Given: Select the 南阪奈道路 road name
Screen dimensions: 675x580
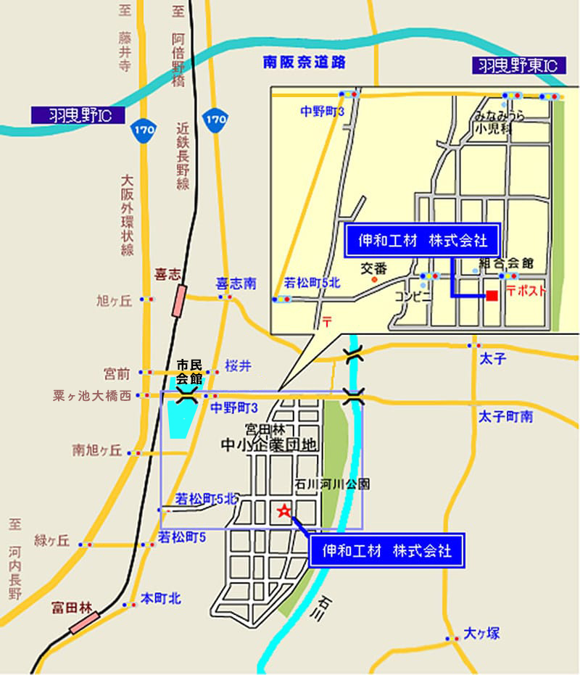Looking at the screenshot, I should tap(304, 63).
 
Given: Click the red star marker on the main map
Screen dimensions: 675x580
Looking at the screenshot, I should tap(283, 510).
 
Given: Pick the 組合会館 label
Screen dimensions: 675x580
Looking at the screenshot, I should tap(505, 263).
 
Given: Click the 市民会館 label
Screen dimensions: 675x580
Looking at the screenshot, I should tap(191, 371).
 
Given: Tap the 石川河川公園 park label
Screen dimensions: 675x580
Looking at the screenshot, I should tap(333, 482).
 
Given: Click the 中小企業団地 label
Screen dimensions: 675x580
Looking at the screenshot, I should tap(268, 444).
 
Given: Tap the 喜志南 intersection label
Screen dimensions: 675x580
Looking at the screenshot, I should tap(236, 284).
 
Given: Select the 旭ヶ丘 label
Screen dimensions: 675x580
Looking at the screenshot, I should tap(115, 301).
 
